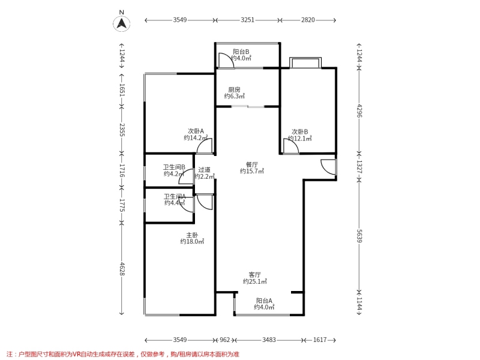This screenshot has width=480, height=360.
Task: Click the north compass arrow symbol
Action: pos(122,23)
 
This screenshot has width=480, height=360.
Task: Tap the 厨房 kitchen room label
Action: pos(234,89)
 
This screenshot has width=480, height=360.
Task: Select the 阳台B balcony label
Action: pos(241,52)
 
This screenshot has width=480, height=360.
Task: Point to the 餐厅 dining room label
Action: pos(252,164)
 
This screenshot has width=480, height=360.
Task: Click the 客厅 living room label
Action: pos(254,275)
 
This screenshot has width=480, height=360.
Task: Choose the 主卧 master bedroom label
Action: pos(192,235)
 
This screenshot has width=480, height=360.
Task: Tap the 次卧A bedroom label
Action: pos(196,131)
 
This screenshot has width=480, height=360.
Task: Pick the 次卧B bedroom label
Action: pos(299,131)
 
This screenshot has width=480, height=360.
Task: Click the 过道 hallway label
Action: pos(204,170)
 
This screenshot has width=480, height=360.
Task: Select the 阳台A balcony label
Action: pos(264,301)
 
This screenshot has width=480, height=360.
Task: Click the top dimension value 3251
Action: pos(247,20)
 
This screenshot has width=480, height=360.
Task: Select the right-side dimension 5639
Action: pos(359,236)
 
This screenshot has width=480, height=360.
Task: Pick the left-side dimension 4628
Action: pos(122,268)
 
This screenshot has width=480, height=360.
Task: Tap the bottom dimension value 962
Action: pos(224,340)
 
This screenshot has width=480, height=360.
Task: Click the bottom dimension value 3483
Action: pos(269,340)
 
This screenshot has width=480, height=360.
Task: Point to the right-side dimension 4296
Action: pos(359,111)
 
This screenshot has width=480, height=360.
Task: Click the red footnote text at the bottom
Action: pos(122,354)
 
